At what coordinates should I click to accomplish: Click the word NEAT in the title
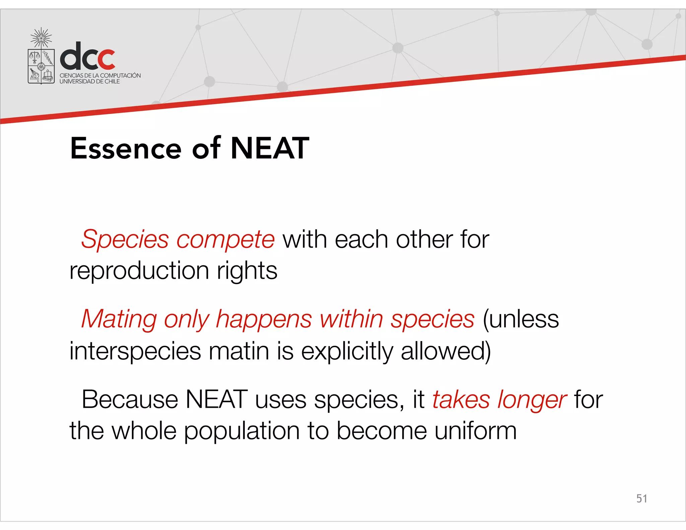coord(270,148)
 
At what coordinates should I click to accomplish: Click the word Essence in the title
coord(126,148)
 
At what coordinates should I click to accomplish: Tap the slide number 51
coord(641,499)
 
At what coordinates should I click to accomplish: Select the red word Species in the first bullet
coord(125,240)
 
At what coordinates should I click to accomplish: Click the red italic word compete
coord(225,240)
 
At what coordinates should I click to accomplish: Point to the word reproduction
coord(139,270)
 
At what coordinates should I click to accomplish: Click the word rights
coord(247,270)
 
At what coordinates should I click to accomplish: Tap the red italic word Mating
coord(119,319)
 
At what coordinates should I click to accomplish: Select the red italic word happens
coord(264,319)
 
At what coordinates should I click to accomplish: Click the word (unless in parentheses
coord(521,319)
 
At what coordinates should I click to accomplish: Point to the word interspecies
coord(135,351)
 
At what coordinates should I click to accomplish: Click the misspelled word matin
coord(239,351)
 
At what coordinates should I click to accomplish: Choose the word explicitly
coord(347,351)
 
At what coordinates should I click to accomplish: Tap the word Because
coord(130,399)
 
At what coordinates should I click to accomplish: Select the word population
coord(242,431)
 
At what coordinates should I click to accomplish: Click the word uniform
coord(475,430)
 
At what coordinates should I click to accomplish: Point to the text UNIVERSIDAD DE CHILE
coord(89,81)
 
